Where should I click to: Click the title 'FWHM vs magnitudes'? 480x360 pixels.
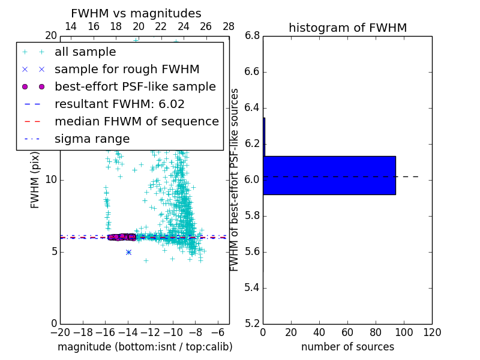(136, 13)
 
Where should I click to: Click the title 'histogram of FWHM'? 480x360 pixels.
(347, 28)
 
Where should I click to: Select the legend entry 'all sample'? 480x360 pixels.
(85, 52)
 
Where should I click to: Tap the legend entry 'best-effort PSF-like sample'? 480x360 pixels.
(135, 86)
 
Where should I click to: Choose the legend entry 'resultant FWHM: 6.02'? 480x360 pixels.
(119, 104)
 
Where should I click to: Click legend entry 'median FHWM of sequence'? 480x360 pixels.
(136, 121)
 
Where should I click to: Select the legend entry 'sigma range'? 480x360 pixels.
(92, 139)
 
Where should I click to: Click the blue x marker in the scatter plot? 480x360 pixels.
(128, 252)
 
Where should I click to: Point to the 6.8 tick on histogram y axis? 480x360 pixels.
(252, 35)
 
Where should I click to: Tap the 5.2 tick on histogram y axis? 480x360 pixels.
(252, 323)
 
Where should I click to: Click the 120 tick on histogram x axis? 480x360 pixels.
(432, 332)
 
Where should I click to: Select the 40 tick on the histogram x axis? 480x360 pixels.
(319, 332)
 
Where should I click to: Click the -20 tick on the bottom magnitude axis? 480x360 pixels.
(60, 332)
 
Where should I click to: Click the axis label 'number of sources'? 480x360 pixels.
(347, 347)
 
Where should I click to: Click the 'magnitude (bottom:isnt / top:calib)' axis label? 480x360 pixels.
(145, 347)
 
